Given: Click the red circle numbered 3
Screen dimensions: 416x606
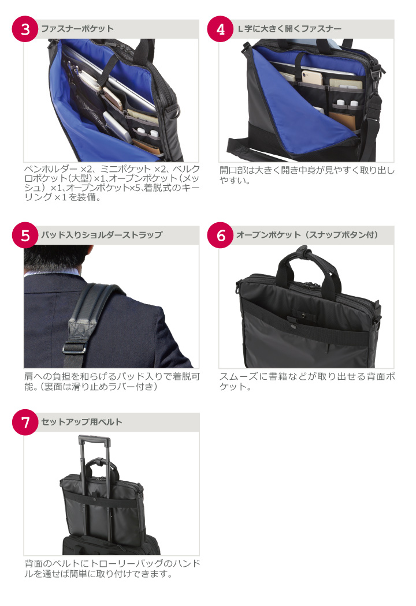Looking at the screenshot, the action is [x=25, y=29].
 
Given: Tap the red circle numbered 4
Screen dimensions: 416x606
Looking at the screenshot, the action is [x=220, y=29].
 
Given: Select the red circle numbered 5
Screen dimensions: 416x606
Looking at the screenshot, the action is [x=25, y=235].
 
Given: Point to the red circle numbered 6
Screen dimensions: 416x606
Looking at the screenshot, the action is [x=220, y=235].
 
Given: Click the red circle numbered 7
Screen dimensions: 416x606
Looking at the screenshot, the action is [x=25, y=422].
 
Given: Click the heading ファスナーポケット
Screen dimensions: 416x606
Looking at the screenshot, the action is [x=77, y=29].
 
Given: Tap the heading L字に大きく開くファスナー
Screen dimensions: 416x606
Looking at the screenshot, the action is [x=289, y=29].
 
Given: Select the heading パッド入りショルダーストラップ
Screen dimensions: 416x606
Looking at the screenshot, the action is [x=102, y=235].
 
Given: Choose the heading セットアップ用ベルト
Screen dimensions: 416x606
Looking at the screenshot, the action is [x=81, y=422].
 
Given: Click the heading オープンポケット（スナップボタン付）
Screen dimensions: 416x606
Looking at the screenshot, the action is [x=307, y=235].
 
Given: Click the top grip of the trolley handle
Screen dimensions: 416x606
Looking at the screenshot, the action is [x=94, y=438].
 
